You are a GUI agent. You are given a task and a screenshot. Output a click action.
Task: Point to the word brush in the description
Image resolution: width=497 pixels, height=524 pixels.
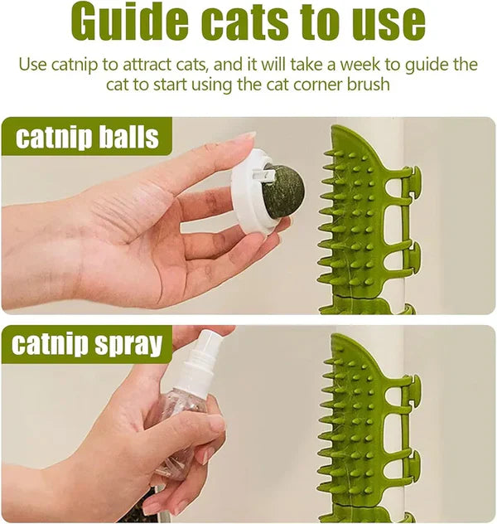[370, 84]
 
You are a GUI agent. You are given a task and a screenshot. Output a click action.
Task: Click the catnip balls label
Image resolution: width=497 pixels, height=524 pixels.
[87, 137]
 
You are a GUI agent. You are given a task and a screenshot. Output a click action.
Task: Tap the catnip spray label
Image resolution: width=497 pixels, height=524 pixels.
[87, 344]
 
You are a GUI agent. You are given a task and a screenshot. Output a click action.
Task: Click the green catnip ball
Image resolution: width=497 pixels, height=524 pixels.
[284, 192]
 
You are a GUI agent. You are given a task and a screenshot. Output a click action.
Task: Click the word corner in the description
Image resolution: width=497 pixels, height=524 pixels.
[326, 84]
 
